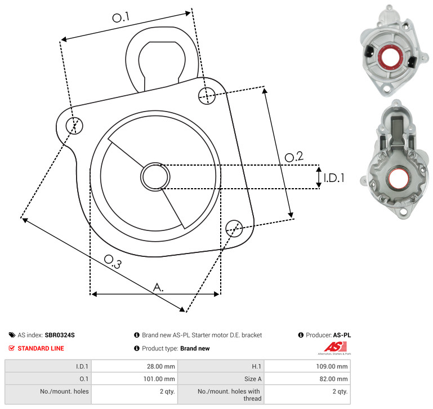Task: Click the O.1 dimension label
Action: [120, 17]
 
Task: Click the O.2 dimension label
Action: [294, 157]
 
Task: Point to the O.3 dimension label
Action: [113, 261]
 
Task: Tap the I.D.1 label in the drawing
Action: [334, 178]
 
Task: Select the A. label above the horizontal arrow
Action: [158, 287]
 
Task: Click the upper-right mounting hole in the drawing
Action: [207, 96]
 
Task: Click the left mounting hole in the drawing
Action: [74, 126]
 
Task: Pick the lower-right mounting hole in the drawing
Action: [234, 228]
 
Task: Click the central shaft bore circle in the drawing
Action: [155, 177]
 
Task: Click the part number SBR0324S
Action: [60, 335]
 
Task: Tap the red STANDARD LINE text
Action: [41, 348]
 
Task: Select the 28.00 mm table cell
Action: [135, 366]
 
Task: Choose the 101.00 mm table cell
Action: [135, 379]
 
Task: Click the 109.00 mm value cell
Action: [307, 366]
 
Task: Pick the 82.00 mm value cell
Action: [307, 379]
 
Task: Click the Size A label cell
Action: [221, 379]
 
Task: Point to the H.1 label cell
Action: [221, 366]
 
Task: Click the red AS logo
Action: [335, 347]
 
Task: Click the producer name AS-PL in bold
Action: [342, 335]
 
